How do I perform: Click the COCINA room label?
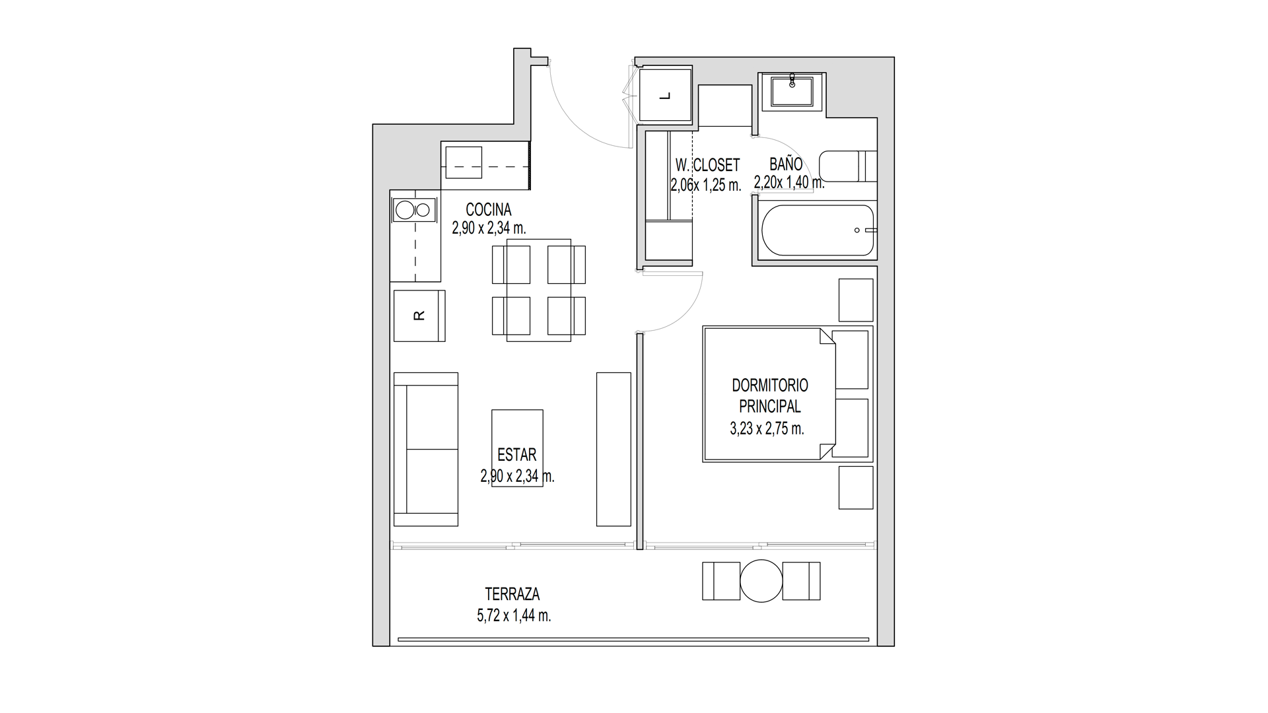coord(488,210)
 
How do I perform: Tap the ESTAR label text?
coord(516,455)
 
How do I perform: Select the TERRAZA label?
coord(512,595)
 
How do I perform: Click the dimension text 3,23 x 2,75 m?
coord(767,428)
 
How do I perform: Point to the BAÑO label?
coord(786,164)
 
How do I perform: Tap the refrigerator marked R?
coord(419,316)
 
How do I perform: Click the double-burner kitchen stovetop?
coord(413,211)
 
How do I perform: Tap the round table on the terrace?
coord(761,581)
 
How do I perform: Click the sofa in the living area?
coord(426,449)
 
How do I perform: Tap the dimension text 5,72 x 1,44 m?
coord(514,616)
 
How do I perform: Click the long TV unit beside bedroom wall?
coord(614,449)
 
